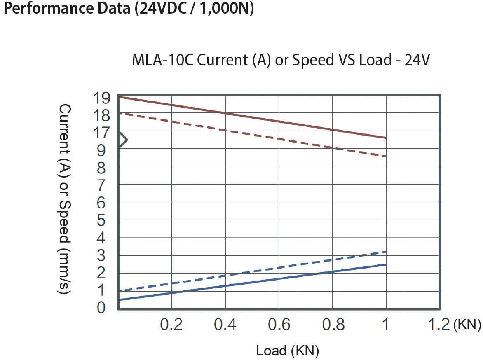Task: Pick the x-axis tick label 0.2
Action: (171, 325)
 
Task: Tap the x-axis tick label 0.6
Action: (279, 325)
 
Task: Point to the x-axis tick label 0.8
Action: (332, 325)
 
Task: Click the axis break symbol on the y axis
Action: (122, 140)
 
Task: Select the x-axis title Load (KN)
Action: (287, 351)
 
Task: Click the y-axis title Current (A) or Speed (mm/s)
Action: (65, 199)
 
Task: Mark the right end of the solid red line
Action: (386, 138)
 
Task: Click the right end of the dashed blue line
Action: (386, 252)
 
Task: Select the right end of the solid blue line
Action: (386, 264)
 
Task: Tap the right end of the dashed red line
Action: (386, 156)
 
